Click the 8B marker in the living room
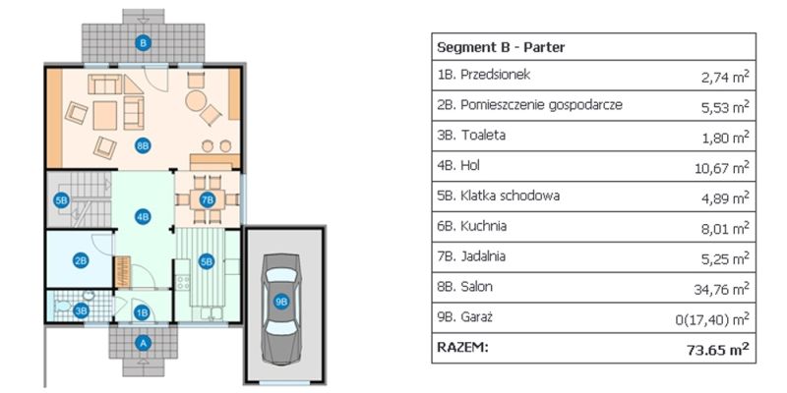click(143, 144)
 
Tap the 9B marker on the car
click(281, 302)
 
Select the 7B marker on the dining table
click(207, 198)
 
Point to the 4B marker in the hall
click(143, 217)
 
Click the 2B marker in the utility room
click(81, 260)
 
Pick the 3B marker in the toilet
click(82, 310)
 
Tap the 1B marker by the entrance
click(143, 313)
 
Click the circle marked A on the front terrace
click(144, 343)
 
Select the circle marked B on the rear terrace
click(144, 42)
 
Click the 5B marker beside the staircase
click(61, 200)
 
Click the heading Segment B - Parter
click(500, 46)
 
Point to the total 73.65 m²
click(717, 348)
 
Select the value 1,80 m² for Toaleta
click(724, 137)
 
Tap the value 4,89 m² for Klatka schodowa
click(724, 197)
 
